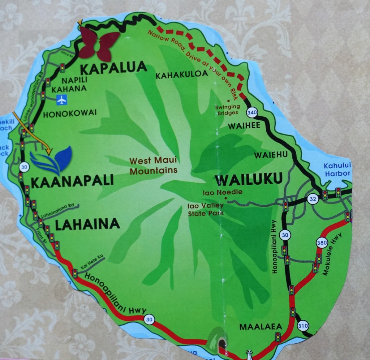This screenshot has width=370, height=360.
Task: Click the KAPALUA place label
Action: coord(113,67)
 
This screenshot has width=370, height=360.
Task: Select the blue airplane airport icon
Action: coord(62,99)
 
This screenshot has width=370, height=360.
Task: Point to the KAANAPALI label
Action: coord(72,181)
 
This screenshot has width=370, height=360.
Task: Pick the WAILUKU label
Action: coord(248,179)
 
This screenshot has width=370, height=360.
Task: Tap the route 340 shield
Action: coord(252,112)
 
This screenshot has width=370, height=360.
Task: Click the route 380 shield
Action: coord(322,243)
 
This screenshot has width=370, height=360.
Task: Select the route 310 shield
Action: coord(304,326)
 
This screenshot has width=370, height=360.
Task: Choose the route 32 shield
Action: coord(313,198)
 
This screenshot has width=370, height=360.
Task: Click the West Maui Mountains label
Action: coord(154,166)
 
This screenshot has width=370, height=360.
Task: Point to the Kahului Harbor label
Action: coord(337,170)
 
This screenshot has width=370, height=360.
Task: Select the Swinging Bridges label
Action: coord(227,110)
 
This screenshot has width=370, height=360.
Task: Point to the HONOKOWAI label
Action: coord(70,113)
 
